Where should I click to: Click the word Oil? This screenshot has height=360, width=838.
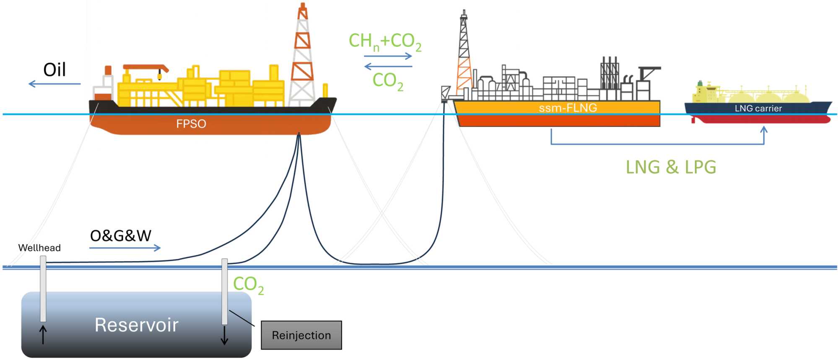pyautogui.click(x=54, y=70)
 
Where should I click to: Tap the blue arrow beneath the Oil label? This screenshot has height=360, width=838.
pyautogui.click(x=54, y=84)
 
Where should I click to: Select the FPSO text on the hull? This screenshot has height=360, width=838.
pyautogui.click(x=191, y=124)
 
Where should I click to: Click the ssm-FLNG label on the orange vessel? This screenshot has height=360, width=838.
pyautogui.click(x=568, y=108)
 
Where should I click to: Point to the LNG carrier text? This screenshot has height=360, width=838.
pyautogui.click(x=758, y=109)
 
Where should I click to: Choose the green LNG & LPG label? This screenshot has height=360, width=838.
pyautogui.click(x=671, y=167)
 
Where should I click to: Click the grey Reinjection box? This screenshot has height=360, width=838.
pyautogui.click(x=301, y=335)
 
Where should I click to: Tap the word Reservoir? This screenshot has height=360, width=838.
pyautogui.click(x=136, y=325)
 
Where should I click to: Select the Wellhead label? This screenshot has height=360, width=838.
pyautogui.click(x=39, y=248)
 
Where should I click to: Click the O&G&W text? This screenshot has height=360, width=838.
pyautogui.click(x=121, y=236)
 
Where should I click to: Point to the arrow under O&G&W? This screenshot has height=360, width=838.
pyautogui.click(x=125, y=248)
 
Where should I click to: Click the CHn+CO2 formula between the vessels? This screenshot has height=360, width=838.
pyautogui.click(x=385, y=41)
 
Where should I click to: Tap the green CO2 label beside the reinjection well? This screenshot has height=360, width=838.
pyautogui.click(x=248, y=285)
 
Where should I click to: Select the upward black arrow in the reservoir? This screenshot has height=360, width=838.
pyautogui.click(x=43, y=334)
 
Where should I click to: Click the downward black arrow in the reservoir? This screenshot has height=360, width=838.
pyautogui.click(x=225, y=335)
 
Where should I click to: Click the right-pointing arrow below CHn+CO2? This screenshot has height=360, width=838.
pyautogui.click(x=388, y=56)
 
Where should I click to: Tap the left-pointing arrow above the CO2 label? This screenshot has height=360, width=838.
pyautogui.click(x=388, y=66)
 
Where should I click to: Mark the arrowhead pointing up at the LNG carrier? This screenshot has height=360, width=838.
pyautogui.click(x=764, y=130)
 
